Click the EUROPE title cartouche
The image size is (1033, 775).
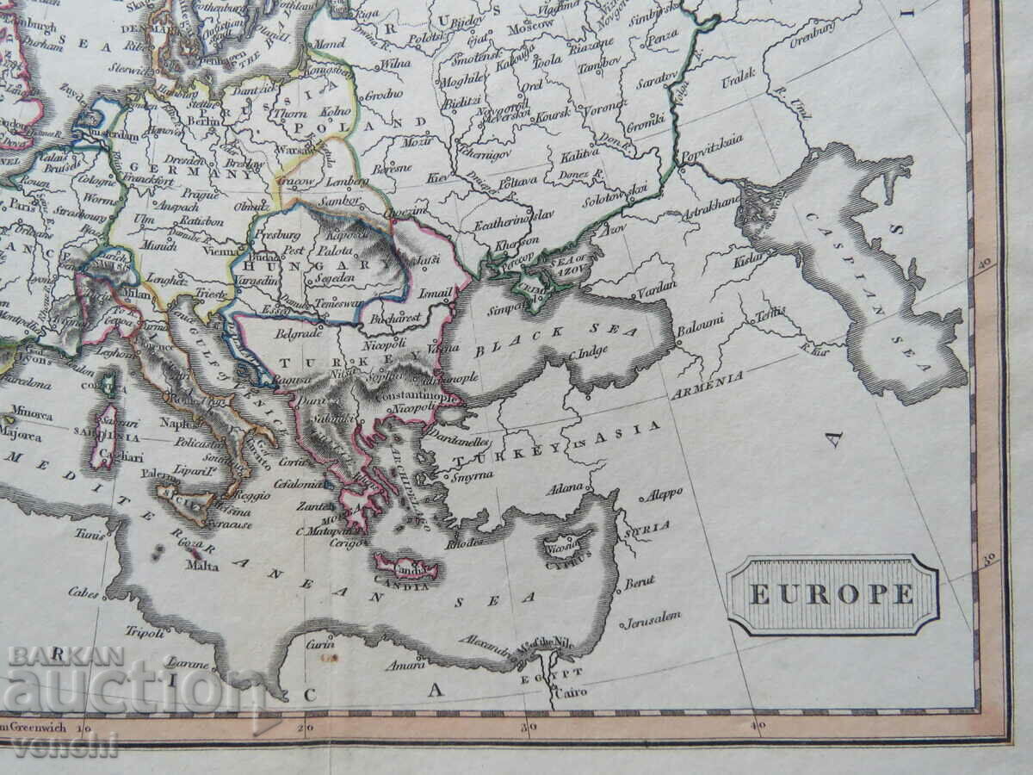coord(832,594)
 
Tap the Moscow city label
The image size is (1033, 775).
coord(530,25)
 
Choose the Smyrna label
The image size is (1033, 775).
coord(472,474)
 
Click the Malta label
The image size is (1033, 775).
coord(202,566)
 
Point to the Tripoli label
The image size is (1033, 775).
coord(144,632)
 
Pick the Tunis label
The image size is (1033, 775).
coord(90,534)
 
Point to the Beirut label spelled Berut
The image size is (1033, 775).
coord(640,583)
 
